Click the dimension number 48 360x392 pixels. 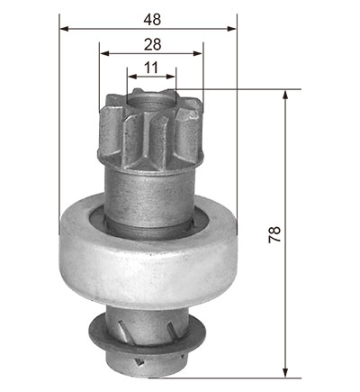tap(152, 20)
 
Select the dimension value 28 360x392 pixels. tap(152, 44)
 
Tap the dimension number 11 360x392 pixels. tap(151, 68)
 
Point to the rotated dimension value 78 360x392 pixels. tap(274, 234)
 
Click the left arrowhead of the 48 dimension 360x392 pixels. tap(65, 29)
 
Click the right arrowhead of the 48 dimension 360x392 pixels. tap(232, 29)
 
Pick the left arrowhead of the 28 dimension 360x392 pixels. tap(103, 53)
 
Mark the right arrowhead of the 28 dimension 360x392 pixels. tap(198, 53)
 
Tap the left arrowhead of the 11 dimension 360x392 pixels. tap(132, 77)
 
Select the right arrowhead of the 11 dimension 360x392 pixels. tap(171, 77)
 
